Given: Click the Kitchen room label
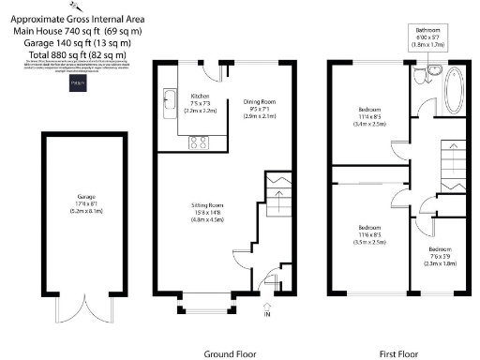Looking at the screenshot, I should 201,97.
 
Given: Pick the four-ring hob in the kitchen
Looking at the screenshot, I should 199,142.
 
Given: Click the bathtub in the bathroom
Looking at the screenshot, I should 456,89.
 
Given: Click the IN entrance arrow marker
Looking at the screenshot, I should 267,308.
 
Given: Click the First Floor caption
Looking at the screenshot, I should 397,353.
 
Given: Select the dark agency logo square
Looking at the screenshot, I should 80,82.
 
